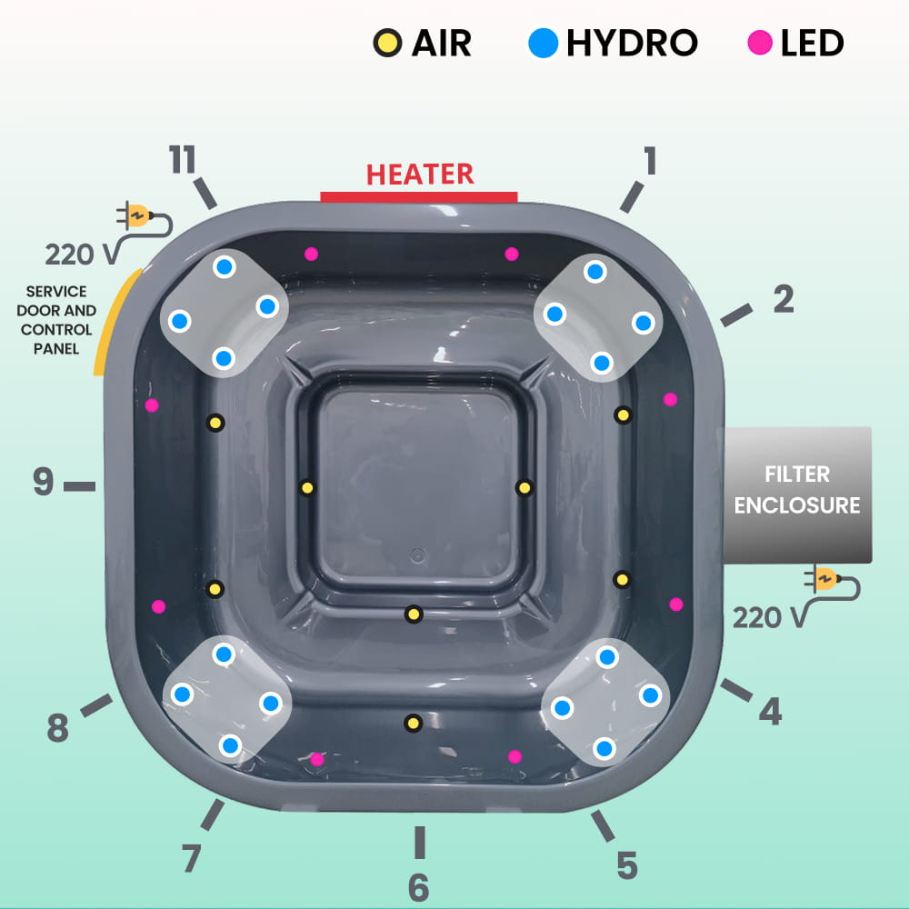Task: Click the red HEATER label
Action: point(420,173)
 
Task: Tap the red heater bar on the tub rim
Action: point(419,197)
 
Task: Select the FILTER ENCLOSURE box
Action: point(797,494)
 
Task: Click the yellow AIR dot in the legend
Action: point(385,42)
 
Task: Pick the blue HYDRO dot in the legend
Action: point(543,42)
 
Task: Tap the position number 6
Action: point(418,887)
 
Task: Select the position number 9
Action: point(44,483)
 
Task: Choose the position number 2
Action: point(784,298)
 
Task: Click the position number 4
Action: point(770,712)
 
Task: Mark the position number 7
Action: point(190,858)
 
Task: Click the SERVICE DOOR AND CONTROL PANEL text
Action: point(56,320)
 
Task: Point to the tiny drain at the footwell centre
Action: point(417,554)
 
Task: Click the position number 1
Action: point(649,161)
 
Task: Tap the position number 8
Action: point(57,728)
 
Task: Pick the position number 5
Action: point(627,865)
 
